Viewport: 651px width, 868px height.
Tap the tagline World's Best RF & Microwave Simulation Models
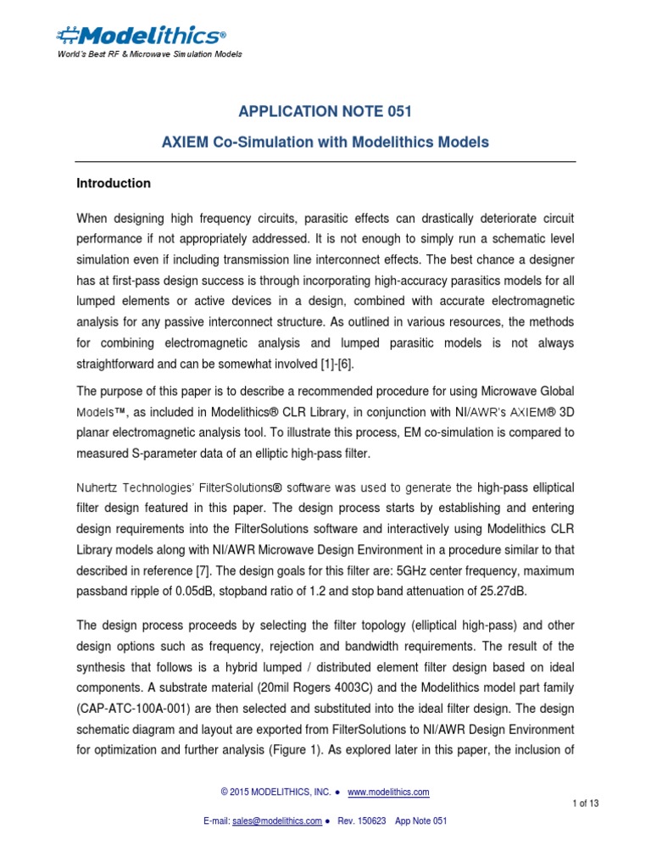pos(149,54)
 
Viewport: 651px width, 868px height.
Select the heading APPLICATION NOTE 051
pos(325,113)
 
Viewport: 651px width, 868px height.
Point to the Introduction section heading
pos(114,183)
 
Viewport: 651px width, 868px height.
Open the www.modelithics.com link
pos(388,792)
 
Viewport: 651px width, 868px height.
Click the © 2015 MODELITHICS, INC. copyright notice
pos(276,792)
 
